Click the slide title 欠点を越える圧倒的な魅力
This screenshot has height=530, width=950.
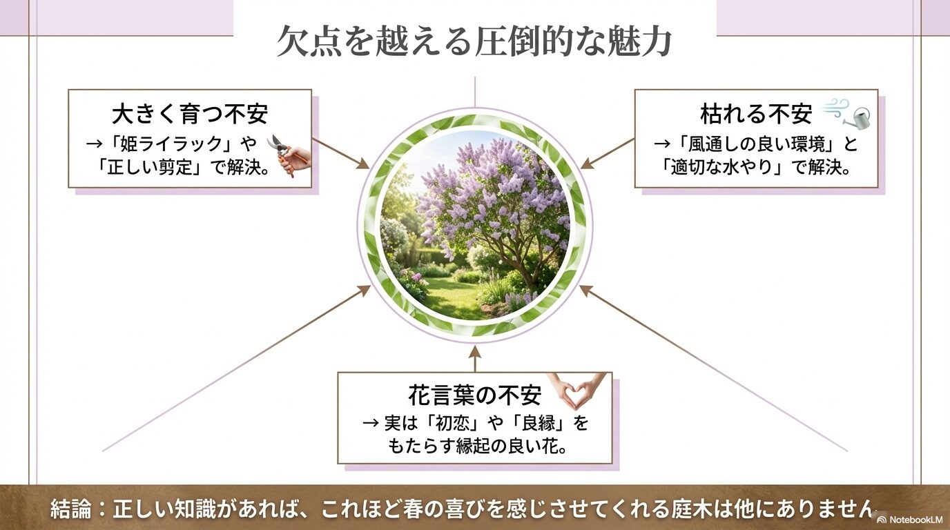pyautogui.click(x=474, y=43)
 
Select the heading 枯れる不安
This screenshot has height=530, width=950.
pyautogui.click(x=756, y=113)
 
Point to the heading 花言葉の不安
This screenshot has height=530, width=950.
pyautogui.click(x=474, y=396)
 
